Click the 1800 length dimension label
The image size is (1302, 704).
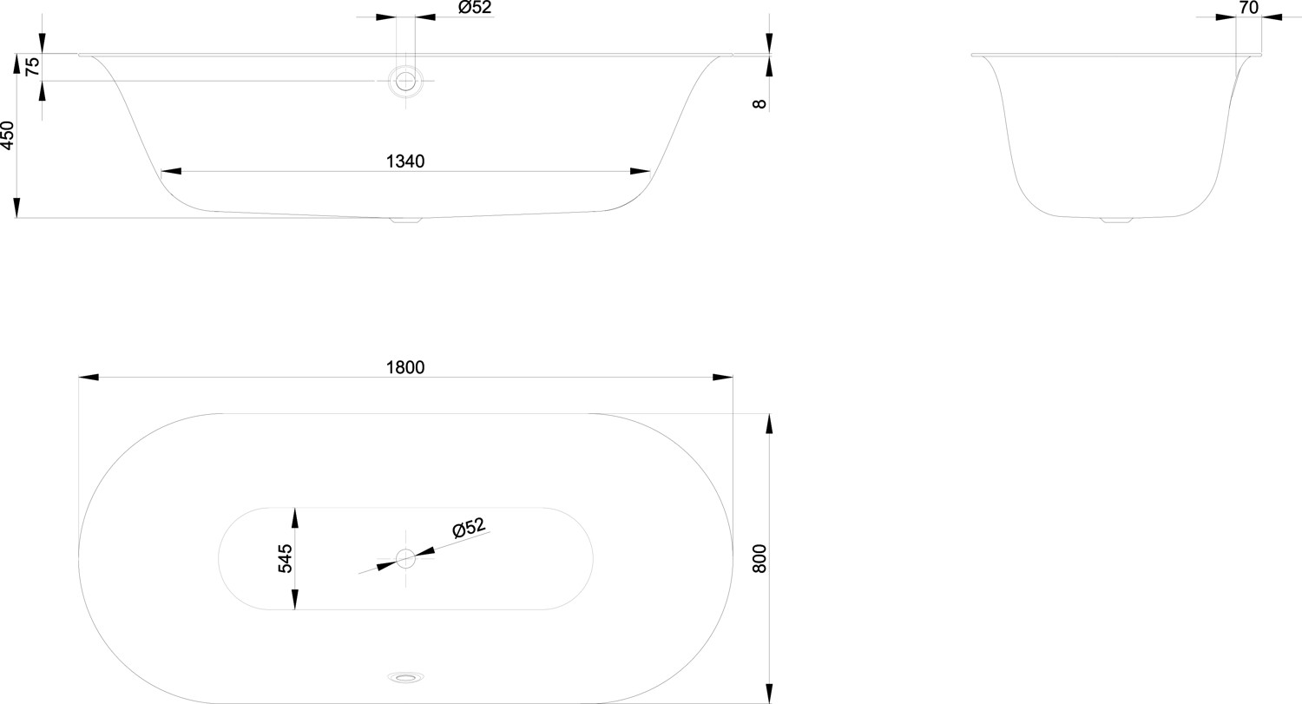[405, 367]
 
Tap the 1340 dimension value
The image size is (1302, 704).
[405, 161]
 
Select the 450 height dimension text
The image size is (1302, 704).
[8, 135]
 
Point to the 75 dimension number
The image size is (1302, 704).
[33, 66]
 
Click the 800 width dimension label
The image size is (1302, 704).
[759, 559]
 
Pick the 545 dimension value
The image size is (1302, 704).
[286, 559]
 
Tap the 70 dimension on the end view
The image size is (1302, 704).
[1248, 8]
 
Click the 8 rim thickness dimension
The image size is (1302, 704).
[759, 104]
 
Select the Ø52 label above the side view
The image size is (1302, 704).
[475, 8]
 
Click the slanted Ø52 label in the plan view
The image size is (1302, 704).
[469, 528]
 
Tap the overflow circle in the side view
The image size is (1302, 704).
[405, 81]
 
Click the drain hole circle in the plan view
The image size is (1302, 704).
[405, 559]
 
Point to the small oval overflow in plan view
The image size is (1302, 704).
[405, 677]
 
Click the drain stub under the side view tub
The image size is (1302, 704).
[405, 220]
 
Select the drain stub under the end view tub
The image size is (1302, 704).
[1116, 220]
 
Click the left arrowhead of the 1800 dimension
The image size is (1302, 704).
[89, 378]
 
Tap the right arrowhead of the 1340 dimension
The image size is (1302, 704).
[640, 172]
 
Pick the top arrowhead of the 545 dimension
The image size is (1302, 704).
[295, 517]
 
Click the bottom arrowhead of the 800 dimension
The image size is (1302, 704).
[770, 694]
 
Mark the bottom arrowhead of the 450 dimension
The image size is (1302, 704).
[16, 208]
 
